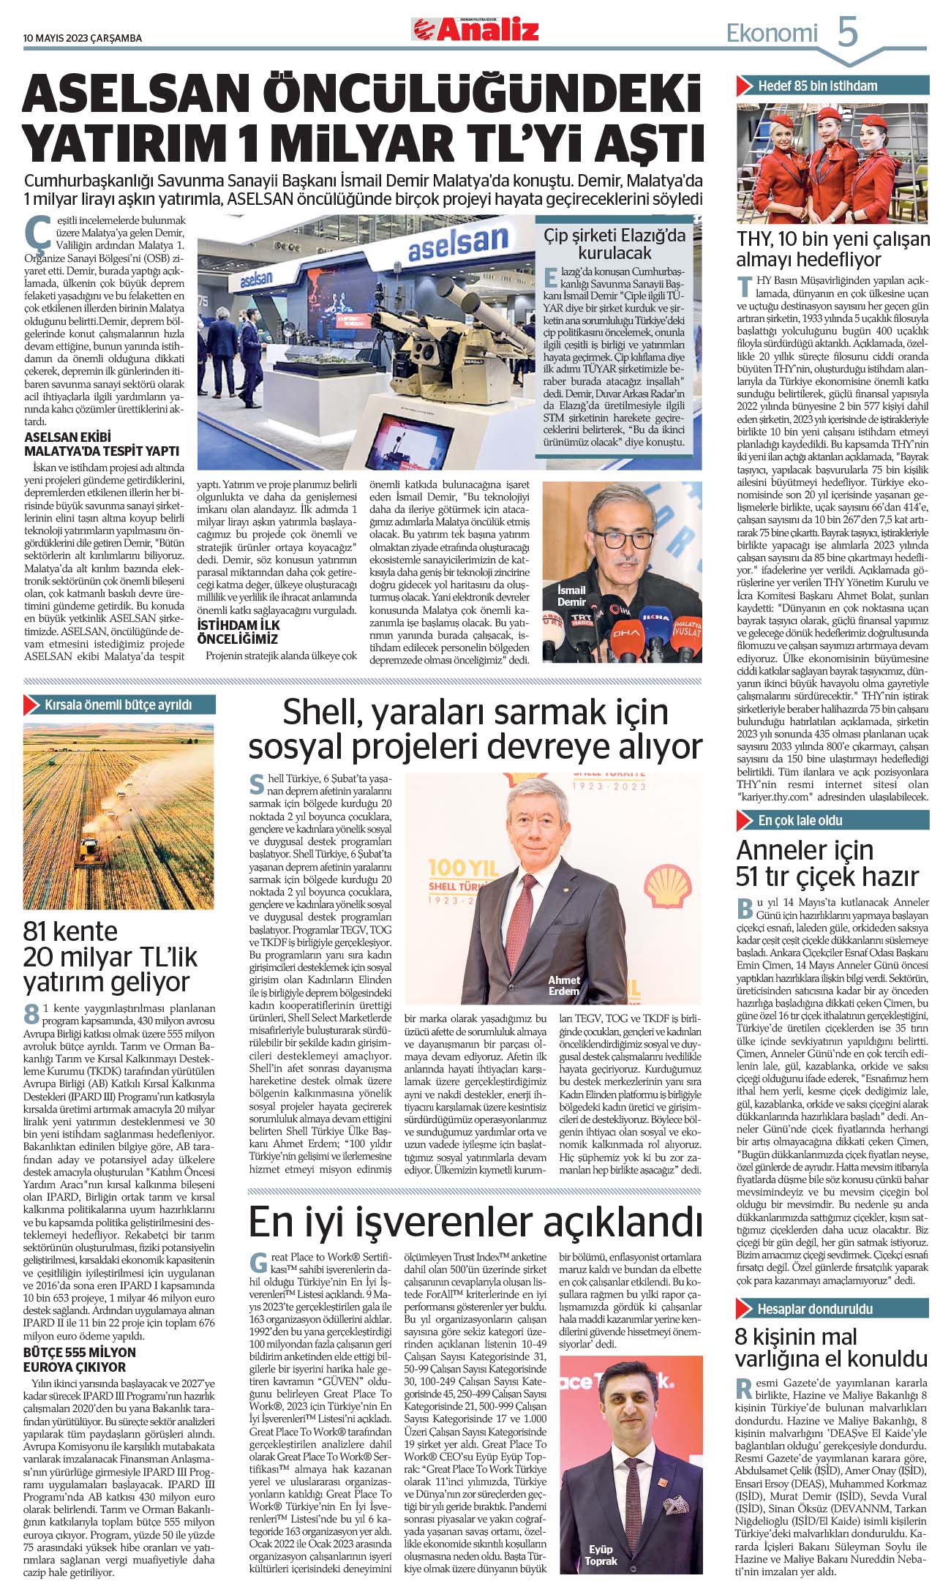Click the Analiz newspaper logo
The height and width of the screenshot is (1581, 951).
click(475, 30)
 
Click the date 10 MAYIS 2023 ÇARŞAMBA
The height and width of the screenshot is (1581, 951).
click(83, 38)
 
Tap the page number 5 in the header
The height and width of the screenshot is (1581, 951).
click(847, 32)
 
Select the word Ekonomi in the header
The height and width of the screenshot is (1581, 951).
click(772, 33)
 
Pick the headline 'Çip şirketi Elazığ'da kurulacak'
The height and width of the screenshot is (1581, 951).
click(614, 244)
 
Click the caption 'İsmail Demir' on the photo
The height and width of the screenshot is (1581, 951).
click(571, 596)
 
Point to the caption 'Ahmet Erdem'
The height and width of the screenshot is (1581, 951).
click(563, 985)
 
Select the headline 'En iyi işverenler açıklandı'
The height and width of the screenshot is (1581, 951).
click(475, 1222)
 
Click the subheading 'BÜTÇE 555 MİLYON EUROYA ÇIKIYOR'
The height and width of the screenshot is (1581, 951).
click(80, 1359)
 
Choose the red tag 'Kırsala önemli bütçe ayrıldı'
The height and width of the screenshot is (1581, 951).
click(117, 705)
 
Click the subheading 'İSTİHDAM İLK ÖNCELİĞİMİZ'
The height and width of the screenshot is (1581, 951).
click(238, 632)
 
